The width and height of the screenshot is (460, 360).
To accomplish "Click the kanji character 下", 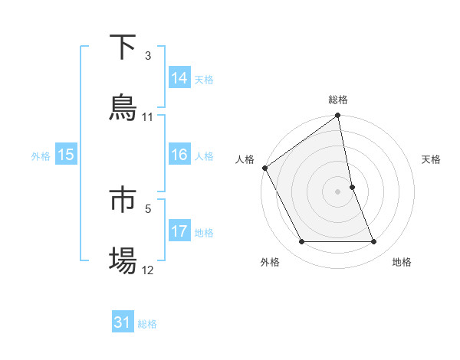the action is click(x=123, y=47).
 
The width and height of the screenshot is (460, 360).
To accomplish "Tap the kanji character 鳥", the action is click(x=123, y=108).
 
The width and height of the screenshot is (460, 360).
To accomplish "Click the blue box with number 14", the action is click(x=179, y=78).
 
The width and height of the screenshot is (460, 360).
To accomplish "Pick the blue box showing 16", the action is click(x=179, y=155).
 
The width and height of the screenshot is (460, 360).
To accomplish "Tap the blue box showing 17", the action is click(x=179, y=231).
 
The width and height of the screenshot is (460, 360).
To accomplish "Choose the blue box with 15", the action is click(x=66, y=155).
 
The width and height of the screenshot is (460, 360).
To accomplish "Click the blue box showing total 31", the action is click(x=123, y=322).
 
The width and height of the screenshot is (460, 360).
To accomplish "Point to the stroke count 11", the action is click(x=148, y=117).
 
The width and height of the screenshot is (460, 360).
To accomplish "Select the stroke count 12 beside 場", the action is click(x=148, y=270).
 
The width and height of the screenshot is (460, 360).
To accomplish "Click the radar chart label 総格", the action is click(x=338, y=100).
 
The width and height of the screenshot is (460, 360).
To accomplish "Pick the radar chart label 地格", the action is click(x=402, y=262).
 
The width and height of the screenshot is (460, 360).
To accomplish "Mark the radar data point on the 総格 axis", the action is click(x=338, y=116).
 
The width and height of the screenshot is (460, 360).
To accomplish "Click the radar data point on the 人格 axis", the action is click(x=265, y=168).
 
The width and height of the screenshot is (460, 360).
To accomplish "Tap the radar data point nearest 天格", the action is click(x=352, y=187).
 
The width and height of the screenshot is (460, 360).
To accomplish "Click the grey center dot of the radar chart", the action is click(x=338, y=191).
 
